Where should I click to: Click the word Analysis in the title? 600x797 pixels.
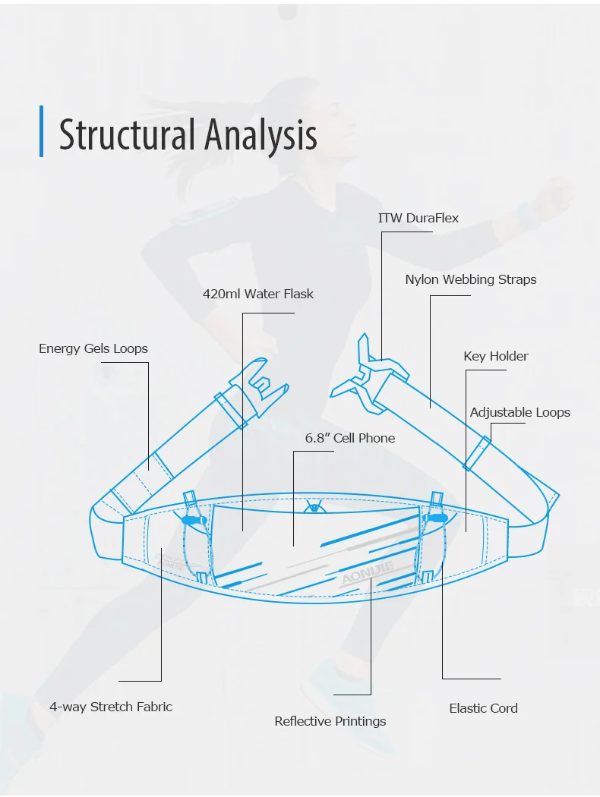click(260, 135)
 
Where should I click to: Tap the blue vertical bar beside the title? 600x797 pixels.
click(41, 131)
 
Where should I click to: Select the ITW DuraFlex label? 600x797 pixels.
click(418, 218)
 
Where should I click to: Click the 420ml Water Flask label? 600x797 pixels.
click(257, 294)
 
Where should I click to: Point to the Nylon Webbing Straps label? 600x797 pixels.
click(470, 279)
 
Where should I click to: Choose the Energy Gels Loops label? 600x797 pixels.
click(93, 348)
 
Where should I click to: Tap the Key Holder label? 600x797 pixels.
click(496, 356)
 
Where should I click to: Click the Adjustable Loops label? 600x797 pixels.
click(519, 412)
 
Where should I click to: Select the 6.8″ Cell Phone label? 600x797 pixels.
click(350, 438)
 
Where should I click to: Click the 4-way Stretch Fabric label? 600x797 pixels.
click(111, 707)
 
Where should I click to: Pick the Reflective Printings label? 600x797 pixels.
click(330, 721)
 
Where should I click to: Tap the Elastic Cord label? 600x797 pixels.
click(483, 708)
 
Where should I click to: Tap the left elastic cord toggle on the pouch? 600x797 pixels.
click(194, 520)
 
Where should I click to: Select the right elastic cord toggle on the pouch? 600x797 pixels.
click(437, 518)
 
